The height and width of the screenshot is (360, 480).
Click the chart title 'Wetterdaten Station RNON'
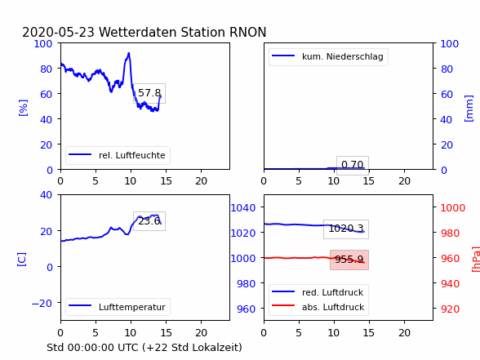(x=183, y=32)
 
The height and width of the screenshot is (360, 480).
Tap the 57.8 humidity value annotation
(x=149, y=93)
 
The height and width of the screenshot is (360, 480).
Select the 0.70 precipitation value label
(x=353, y=165)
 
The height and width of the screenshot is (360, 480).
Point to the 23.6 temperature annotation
(x=149, y=221)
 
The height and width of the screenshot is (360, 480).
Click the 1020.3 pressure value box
(x=346, y=229)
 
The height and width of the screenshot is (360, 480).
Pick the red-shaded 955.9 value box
(x=349, y=260)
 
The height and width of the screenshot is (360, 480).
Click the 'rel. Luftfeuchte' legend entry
(x=118, y=155)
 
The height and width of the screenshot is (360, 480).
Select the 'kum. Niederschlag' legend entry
(x=328, y=56)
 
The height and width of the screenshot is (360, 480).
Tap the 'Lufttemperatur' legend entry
(x=118, y=307)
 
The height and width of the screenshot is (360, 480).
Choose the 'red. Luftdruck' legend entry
(x=318, y=292)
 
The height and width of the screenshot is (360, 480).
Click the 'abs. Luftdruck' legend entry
(x=318, y=307)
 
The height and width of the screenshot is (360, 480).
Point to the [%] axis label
(x=23, y=108)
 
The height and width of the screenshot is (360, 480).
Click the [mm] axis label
(x=469, y=109)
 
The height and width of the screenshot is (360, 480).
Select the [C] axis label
(x=21, y=260)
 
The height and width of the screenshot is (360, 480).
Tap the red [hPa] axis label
(x=477, y=260)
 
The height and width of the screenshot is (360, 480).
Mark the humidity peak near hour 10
(x=129, y=54)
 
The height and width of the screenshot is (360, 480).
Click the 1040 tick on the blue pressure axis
(x=243, y=208)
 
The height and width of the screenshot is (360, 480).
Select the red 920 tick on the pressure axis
(x=450, y=309)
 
